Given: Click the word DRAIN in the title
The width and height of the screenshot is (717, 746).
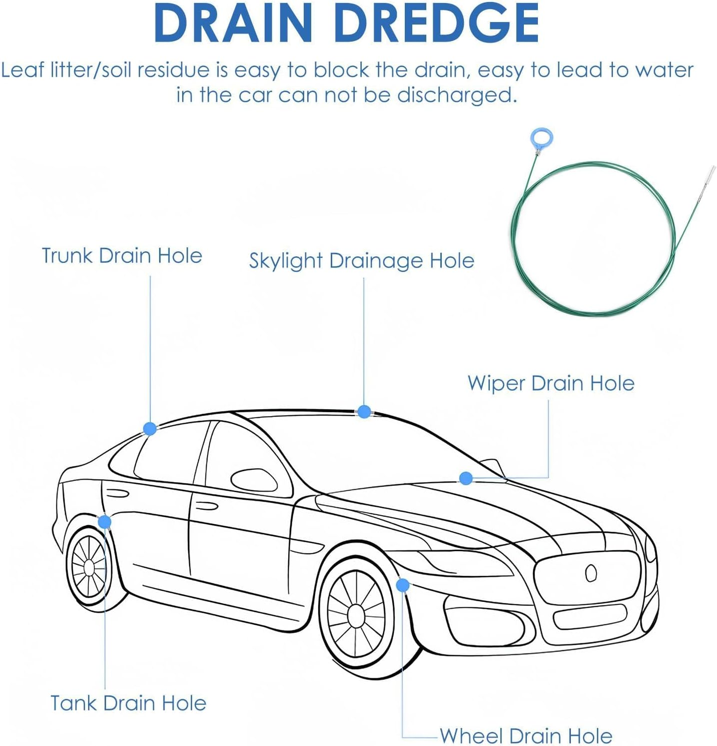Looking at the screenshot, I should point(233,23).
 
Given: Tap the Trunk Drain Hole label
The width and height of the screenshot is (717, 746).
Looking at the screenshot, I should point(122,256).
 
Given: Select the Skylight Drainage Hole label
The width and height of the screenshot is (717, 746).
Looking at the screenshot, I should point(361,261).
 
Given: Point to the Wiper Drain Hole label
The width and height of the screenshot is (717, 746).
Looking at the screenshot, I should point(551,384).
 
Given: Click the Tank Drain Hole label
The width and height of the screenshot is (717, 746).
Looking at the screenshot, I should point(128,703).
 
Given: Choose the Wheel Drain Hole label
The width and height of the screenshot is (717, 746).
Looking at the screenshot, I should point(526,735).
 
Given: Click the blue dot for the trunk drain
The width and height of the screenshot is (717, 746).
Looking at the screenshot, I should point(150,429).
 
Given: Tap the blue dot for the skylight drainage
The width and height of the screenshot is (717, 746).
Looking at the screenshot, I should point(364,412).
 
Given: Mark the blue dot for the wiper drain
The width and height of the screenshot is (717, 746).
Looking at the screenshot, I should point(466,478).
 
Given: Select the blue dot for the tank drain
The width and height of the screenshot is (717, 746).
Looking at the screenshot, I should point(105,522).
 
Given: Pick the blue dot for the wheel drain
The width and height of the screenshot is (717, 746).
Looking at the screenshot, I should point(402,585).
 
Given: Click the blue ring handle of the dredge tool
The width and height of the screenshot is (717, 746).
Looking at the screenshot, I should point(542,137).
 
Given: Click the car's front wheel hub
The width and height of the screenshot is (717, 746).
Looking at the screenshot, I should point(356,615).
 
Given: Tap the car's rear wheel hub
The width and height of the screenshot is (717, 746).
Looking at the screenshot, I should point(89,568).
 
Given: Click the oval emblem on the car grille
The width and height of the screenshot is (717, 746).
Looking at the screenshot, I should point(591,573).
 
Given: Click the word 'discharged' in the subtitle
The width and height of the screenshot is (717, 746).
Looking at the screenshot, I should point(456,95).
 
